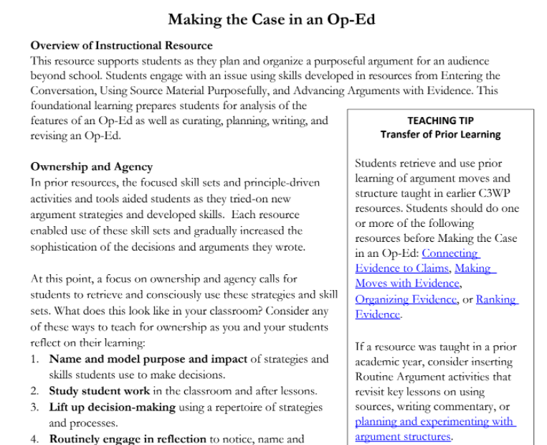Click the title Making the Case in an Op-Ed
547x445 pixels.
pyautogui.click(x=272, y=19)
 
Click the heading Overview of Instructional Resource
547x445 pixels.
pyautogui.click(x=121, y=46)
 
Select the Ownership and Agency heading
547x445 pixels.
pyautogui.click(x=91, y=167)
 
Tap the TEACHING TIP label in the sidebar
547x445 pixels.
pyautogui.click(x=440, y=121)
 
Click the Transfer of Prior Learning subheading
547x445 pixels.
pyautogui.click(x=440, y=134)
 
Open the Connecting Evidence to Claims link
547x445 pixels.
pyautogui.click(x=416, y=261)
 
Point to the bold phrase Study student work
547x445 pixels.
pyautogui.click(x=100, y=391)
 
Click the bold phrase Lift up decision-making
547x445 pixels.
pyautogui.click(x=112, y=407)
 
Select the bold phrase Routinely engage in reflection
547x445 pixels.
pyautogui.click(x=128, y=439)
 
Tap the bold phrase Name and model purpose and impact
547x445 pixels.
pyautogui.click(x=148, y=359)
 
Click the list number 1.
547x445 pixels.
pyautogui.click(x=34, y=359)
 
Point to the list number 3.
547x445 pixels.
pyautogui.click(x=34, y=407)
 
